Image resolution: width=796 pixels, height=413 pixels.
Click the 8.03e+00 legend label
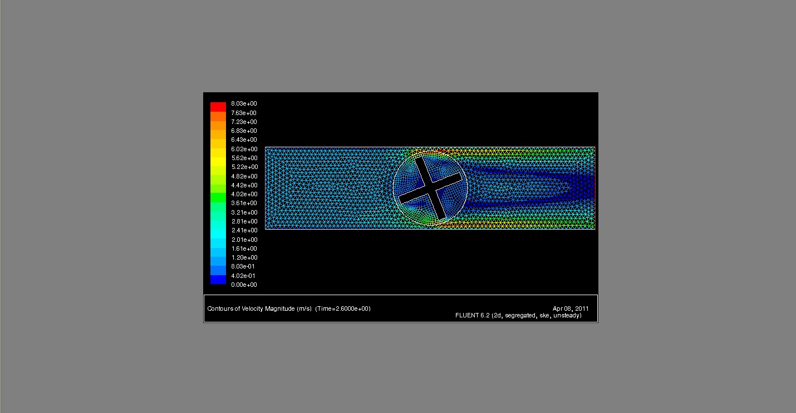pos(244,104)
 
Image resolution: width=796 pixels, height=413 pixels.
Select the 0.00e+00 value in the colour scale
pos(244,285)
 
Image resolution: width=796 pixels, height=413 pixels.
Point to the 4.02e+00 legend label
pos(244,195)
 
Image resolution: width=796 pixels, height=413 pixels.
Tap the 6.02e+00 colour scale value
pos(244,149)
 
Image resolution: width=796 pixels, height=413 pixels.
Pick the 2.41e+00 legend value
pos(244,231)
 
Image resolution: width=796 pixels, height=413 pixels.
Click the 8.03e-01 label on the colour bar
pos(244,267)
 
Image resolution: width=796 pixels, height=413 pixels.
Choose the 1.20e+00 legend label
pos(244,258)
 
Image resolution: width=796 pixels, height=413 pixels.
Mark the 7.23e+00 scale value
pos(244,122)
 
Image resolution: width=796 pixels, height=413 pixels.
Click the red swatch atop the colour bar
pos(218,106)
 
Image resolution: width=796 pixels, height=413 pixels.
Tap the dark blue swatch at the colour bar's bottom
pos(218,280)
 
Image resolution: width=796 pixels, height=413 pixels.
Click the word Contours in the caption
pos(219,308)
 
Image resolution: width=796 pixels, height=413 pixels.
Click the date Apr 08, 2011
pos(571,308)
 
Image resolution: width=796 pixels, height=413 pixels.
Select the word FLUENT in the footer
pos(468,316)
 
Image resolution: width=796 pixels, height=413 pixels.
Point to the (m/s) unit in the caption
pos(304,308)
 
